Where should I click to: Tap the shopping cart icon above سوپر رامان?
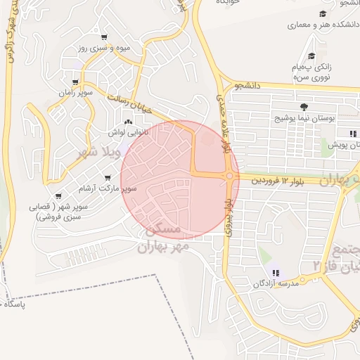(x=75, y=82)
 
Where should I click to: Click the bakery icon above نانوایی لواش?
(x=127, y=122)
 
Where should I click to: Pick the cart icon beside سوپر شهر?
(x=58, y=196)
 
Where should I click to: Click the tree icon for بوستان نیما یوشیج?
(x=304, y=107)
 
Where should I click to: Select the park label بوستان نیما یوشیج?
(x=303, y=117)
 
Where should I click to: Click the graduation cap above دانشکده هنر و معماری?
(x=323, y=14)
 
